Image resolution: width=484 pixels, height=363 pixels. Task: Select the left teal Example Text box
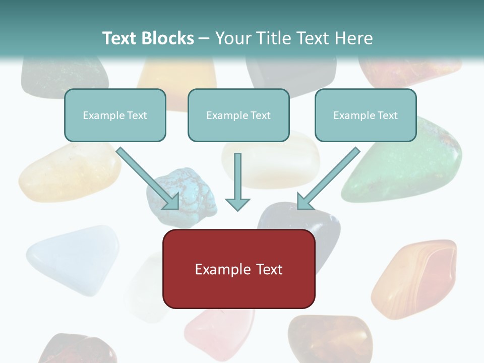point(115,115)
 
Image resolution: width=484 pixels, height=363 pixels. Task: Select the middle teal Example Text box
point(238,115)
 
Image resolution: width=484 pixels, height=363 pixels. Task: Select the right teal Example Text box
point(366,115)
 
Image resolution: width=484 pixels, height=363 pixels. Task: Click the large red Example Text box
point(238,269)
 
